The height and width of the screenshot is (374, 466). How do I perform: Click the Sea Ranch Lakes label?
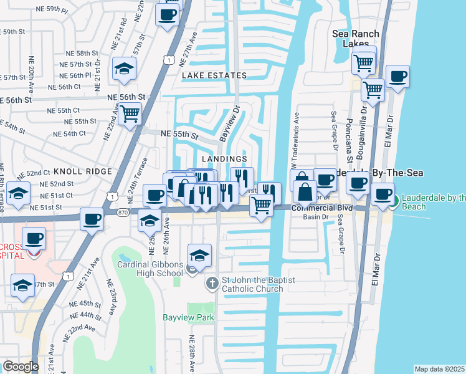[x=356, y=39]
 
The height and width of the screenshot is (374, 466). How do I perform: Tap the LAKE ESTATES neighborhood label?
[x=214, y=75]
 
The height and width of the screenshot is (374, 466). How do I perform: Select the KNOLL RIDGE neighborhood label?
[x=82, y=171]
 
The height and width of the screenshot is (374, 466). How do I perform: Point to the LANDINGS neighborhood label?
[x=225, y=160]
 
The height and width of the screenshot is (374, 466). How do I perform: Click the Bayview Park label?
[x=188, y=317]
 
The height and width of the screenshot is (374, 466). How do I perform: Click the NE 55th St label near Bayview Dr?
[x=179, y=134]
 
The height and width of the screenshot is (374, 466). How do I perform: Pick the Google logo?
[x=21, y=367]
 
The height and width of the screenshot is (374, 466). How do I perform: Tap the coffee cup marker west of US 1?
[x=92, y=219]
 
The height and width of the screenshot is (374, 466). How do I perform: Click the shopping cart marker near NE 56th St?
[x=130, y=114]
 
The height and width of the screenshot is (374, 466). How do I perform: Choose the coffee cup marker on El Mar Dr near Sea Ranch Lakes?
[x=397, y=77]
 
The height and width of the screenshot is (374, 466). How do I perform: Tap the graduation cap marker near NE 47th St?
[x=22, y=285]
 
